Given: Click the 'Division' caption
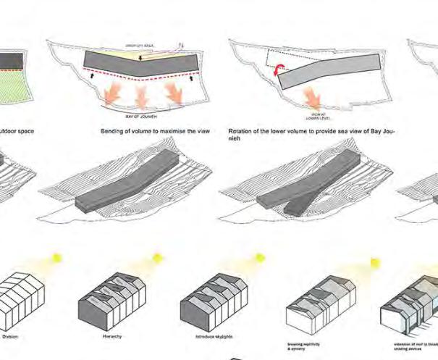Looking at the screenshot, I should click(x=11, y=336).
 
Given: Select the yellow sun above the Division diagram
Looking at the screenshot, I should click(x=56, y=259).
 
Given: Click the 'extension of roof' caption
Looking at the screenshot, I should click(x=424, y=340).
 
